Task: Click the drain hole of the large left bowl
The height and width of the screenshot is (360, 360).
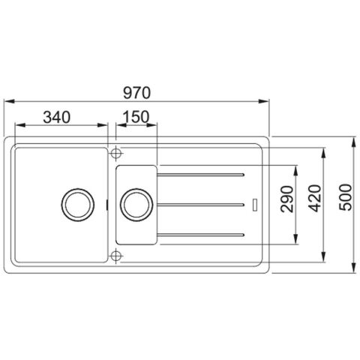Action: (x=78, y=203)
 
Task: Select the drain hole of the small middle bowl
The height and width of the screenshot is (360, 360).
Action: (x=135, y=203)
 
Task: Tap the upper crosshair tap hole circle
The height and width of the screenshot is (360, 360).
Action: (x=115, y=153)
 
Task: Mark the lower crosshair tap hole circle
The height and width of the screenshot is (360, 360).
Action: (x=115, y=255)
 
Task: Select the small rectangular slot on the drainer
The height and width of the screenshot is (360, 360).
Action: (x=256, y=204)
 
